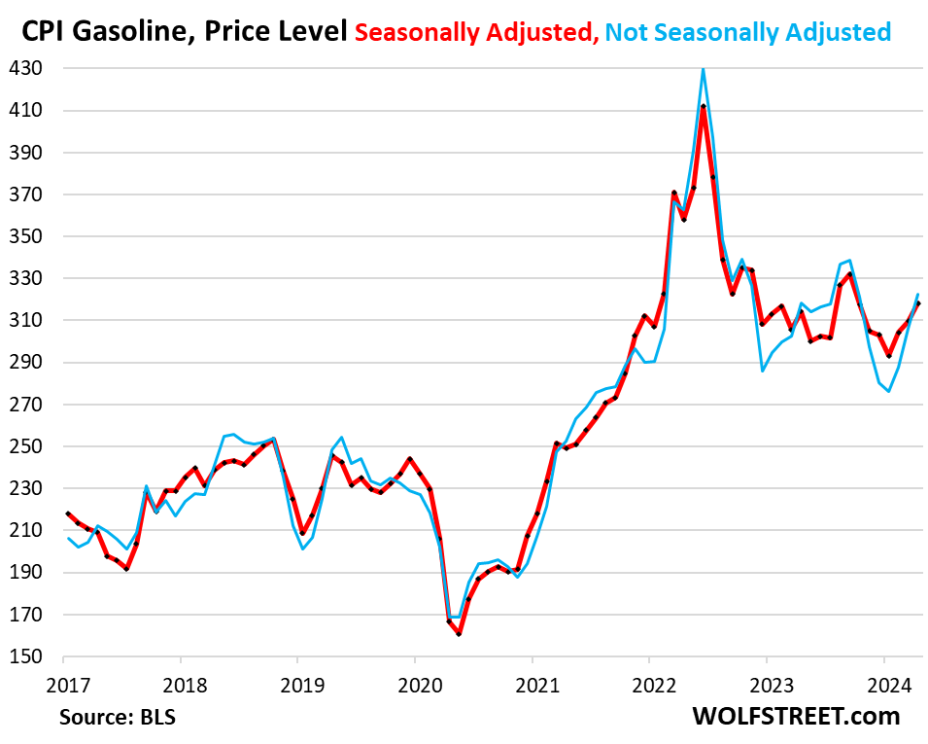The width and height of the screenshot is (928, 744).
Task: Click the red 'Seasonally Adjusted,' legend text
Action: click(x=476, y=32)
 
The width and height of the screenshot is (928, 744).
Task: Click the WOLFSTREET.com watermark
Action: click(x=796, y=717)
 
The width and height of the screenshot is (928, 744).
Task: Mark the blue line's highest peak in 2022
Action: click(x=703, y=69)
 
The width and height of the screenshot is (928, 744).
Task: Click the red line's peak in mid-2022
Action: click(x=703, y=106)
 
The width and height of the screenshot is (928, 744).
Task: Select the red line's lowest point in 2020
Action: click(x=459, y=634)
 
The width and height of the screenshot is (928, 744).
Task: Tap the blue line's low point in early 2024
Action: click(x=888, y=391)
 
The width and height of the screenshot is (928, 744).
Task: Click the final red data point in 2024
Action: click(x=918, y=303)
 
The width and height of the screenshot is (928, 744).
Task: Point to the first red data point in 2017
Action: click(x=67, y=514)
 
